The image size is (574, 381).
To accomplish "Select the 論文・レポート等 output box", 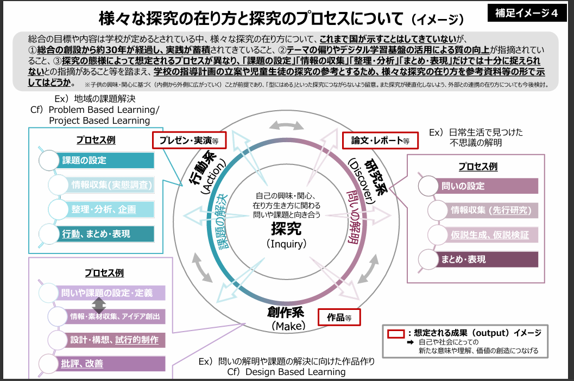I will coord(380,140).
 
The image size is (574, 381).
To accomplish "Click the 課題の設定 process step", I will coord(98,160).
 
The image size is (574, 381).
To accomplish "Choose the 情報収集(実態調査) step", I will coord(103,185).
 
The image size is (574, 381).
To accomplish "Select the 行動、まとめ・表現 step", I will coord(98,234).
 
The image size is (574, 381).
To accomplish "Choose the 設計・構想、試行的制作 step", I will coord(109,340).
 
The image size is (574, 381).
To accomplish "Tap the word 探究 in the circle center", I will coord(287,228).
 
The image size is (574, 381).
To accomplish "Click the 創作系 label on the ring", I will coord(286,313).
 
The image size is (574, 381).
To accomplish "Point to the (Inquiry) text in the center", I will coord(287,244).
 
